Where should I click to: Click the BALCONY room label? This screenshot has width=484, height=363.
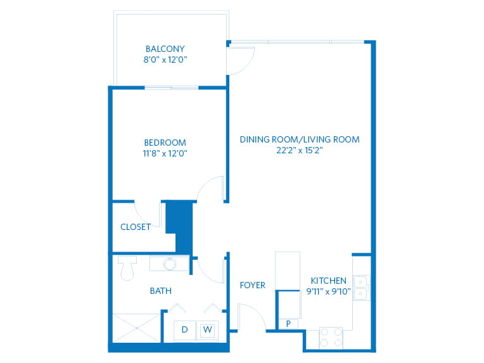pyautogui.click(x=165, y=49)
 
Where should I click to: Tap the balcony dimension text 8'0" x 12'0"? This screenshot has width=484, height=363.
pyautogui.click(x=165, y=60)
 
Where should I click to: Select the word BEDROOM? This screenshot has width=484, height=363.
pyautogui.click(x=165, y=143)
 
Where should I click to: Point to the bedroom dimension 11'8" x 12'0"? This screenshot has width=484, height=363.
pyautogui.click(x=165, y=153)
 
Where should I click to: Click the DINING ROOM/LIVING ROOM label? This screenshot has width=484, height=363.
pyautogui.click(x=300, y=139)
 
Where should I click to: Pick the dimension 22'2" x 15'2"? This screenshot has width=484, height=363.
pyautogui.click(x=300, y=150)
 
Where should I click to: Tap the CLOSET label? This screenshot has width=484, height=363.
pyautogui.click(x=136, y=227)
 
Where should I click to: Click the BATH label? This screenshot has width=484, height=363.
pyautogui.click(x=161, y=291)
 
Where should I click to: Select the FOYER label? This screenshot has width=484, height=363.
pyautogui.click(x=253, y=285)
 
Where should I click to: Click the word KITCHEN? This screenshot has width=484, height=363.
pyautogui.click(x=328, y=281)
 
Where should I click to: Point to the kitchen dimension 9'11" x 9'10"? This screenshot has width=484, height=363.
pyautogui.click(x=328, y=291)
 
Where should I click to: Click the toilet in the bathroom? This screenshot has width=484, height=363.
pyautogui.click(x=127, y=268)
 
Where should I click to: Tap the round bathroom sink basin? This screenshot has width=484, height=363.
pyautogui.click(x=169, y=264)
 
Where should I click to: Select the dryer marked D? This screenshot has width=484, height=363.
pyautogui.click(x=184, y=330)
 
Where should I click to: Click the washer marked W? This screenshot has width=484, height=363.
pyautogui.click(x=207, y=330)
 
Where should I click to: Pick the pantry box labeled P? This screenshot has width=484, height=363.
pyautogui.click(x=288, y=324)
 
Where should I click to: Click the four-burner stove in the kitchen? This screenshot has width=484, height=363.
pyautogui.click(x=331, y=338)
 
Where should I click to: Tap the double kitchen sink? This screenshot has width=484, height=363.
pyautogui.click(x=362, y=288)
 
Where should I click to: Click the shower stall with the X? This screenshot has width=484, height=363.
pyautogui.click(x=136, y=328)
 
